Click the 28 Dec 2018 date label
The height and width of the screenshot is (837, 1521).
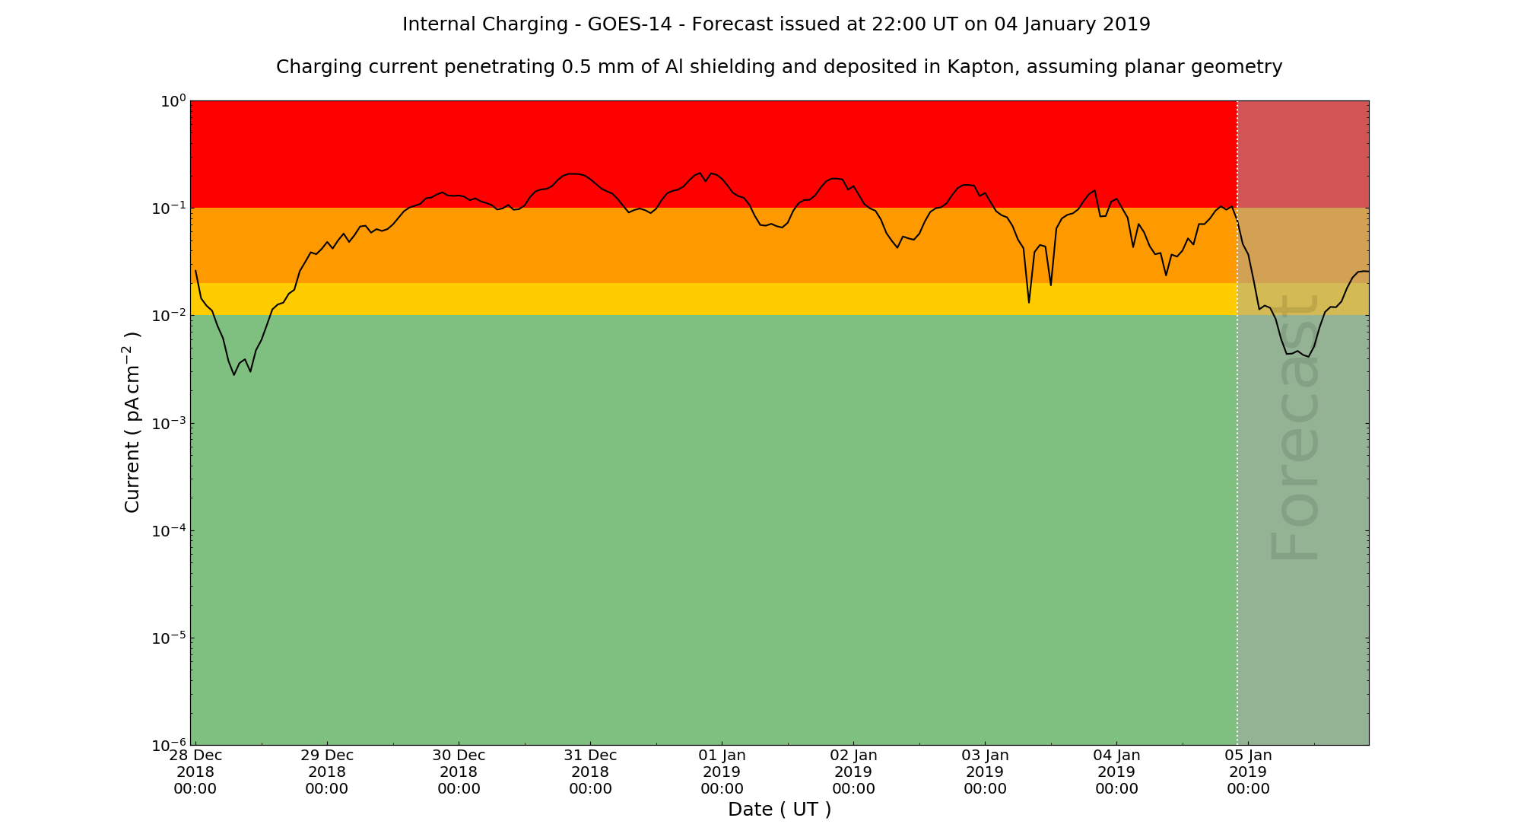click(x=195, y=772)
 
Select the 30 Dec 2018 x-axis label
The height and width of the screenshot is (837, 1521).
click(x=459, y=772)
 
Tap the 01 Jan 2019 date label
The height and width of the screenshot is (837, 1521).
click(x=722, y=772)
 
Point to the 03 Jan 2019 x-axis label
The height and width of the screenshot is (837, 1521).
click(x=985, y=772)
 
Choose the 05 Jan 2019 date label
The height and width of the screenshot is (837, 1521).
click(x=1248, y=772)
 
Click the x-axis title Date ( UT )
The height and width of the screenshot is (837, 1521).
click(x=780, y=810)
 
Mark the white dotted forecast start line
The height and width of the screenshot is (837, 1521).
click(x=1237, y=457)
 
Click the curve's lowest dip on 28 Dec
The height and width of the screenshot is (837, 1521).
click(x=234, y=374)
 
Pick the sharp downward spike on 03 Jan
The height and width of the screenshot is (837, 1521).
click(x=1029, y=302)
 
